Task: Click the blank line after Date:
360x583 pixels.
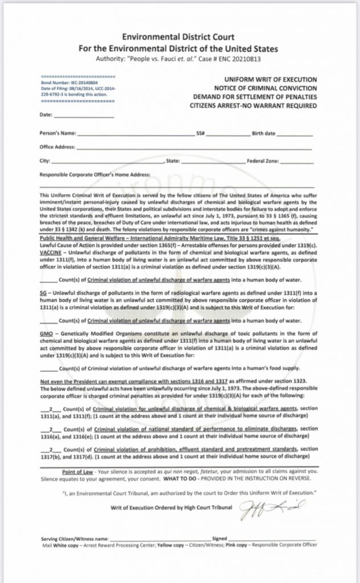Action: pos(84,116)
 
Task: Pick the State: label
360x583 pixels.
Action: pos(173,161)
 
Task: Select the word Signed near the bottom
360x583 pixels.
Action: pos(220,538)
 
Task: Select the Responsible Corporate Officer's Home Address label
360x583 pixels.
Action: pos(95,175)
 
